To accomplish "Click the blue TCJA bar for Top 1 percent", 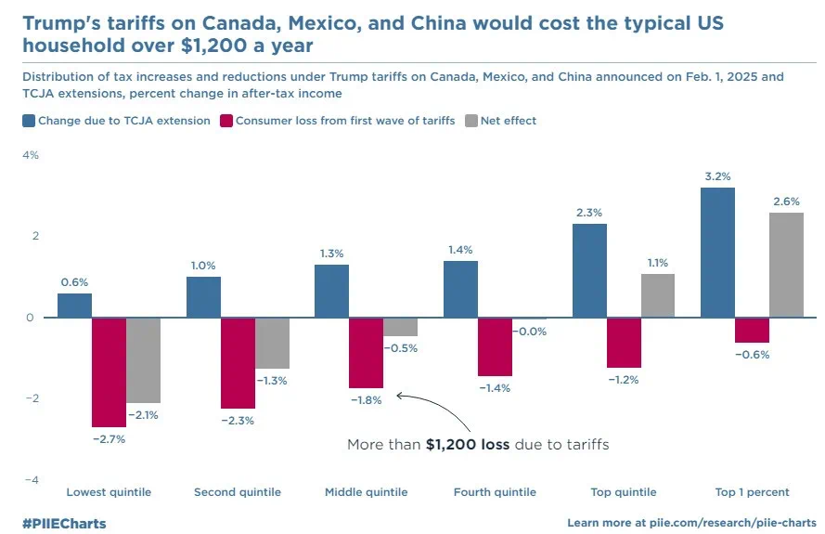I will click(x=717, y=253).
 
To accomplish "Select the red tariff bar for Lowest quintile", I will click(x=109, y=371).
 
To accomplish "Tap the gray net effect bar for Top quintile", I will click(x=658, y=295).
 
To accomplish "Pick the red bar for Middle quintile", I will click(x=366, y=353).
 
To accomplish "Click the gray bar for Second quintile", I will click(x=272, y=343).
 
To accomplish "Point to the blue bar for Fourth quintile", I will click(x=460, y=289).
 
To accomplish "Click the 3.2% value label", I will click(x=717, y=176).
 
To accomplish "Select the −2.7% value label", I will click(x=109, y=438).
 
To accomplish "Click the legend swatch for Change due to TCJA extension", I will click(x=29, y=121).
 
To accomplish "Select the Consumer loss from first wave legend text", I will click(x=345, y=121).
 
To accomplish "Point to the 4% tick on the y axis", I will click(x=31, y=155).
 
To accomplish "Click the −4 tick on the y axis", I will click(x=31, y=480).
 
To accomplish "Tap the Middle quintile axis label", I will click(x=366, y=492).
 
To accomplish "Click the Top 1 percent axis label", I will click(x=752, y=492).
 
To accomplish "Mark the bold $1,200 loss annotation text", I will click(x=467, y=445).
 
